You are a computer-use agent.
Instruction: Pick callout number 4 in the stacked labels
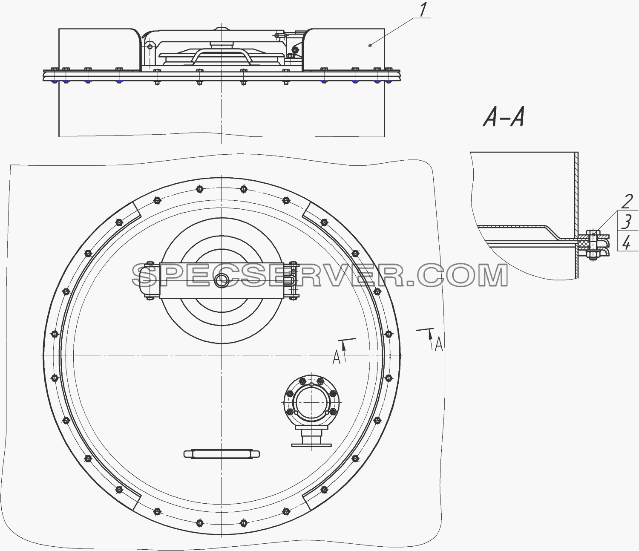627,241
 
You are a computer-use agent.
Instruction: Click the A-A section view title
504,118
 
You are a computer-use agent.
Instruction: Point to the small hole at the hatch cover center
222,280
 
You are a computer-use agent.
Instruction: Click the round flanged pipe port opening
311,402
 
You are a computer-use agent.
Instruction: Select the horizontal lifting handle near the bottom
222,454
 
